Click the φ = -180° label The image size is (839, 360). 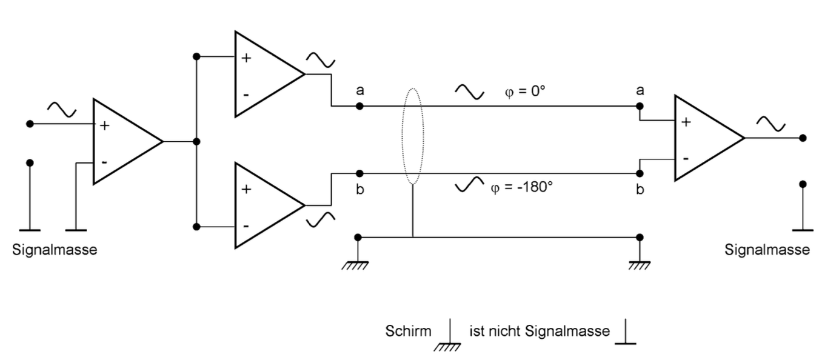[521, 186]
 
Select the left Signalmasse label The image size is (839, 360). [55, 250]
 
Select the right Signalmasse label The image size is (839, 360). [767, 250]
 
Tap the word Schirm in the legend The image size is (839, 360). [408, 332]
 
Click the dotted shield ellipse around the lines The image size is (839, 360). [413, 136]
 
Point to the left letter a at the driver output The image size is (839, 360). [360, 91]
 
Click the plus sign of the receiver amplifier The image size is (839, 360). [686, 122]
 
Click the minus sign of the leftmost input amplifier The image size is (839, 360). [104, 162]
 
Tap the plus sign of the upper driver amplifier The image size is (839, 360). [246, 59]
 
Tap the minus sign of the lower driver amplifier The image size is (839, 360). [246, 225]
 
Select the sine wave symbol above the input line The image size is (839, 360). [62, 110]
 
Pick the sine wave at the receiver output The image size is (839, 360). [771, 124]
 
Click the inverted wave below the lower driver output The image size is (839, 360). [320, 219]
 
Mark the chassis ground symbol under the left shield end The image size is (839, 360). [358, 264]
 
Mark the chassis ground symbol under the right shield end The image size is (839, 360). [639, 264]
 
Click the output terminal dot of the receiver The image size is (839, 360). [803, 138]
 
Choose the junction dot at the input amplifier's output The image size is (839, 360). [196, 142]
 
